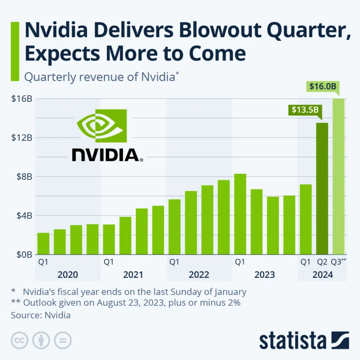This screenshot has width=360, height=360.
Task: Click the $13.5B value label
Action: tap(305, 110)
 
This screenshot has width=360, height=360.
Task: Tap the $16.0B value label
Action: tap(322, 87)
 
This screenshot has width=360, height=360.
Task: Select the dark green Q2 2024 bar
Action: tap(322, 188)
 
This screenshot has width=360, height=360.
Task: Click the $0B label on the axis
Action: tap(23, 255)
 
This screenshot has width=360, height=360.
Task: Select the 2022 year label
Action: tap(199, 274)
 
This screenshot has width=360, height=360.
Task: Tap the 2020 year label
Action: tap(68, 274)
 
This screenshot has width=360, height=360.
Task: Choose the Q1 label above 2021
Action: tap(109, 262)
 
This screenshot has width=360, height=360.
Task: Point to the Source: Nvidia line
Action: tap(41, 315)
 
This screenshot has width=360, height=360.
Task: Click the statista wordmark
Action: tap(292, 341)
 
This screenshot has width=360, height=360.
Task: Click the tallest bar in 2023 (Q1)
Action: tap(240, 214)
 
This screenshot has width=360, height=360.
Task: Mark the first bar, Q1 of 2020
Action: tap(43, 244)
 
